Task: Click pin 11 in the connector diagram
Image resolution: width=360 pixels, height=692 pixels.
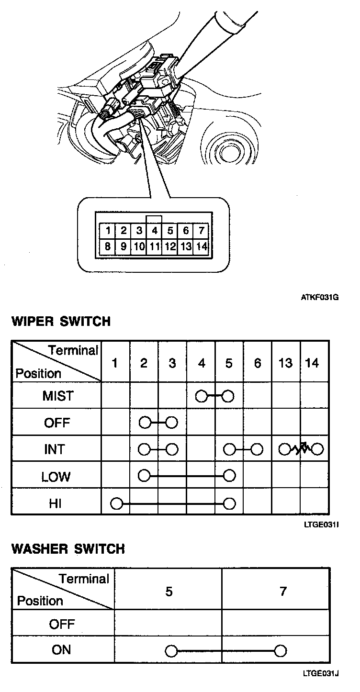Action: pyautogui.click(x=154, y=247)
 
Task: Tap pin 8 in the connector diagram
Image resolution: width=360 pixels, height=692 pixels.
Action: pyautogui.click(x=108, y=247)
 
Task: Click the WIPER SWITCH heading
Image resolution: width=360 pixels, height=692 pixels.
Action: pyautogui.click(x=61, y=321)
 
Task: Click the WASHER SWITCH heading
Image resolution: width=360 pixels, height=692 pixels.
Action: pyautogui.click(x=68, y=548)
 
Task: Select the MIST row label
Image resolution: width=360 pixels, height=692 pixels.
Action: pyautogui.click(x=58, y=396)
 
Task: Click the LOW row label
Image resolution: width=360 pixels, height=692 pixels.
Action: pyautogui.click(x=56, y=477)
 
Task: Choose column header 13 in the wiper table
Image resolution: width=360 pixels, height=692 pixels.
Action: pyautogui.click(x=285, y=364)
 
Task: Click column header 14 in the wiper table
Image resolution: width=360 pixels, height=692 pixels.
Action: pyautogui.click(x=312, y=364)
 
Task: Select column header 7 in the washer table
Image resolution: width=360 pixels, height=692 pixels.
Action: pyautogui.click(x=283, y=592)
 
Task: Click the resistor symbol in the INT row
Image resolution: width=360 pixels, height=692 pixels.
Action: pyautogui.click(x=302, y=449)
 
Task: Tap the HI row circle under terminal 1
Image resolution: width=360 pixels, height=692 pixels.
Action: pyautogui.click(x=116, y=503)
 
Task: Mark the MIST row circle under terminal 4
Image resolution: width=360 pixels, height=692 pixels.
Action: pyautogui.click(x=201, y=396)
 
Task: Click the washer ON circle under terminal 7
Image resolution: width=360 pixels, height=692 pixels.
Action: pyautogui.click(x=281, y=650)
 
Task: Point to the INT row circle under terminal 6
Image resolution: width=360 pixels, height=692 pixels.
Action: pyautogui.click(x=258, y=450)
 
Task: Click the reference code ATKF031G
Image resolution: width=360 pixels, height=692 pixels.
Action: pyautogui.click(x=320, y=297)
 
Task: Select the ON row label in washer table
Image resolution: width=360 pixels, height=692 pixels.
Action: pyautogui.click(x=61, y=650)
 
